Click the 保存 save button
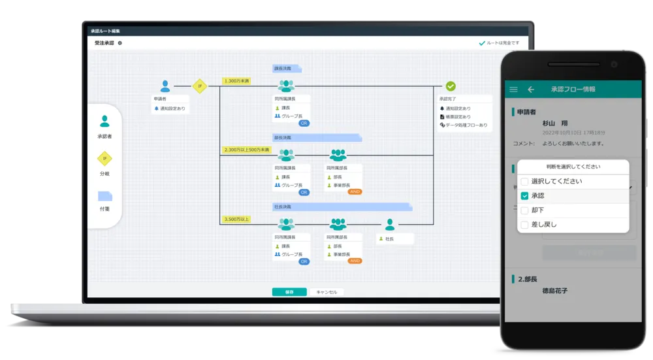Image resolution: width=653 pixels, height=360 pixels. tap(289, 292)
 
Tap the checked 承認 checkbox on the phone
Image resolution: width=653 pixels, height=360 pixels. tap(524, 196)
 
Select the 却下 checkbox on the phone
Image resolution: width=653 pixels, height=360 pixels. tap(524, 210)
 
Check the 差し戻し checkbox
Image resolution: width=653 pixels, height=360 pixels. tap(524, 225)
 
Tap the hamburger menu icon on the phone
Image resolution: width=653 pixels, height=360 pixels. tap(513, 90)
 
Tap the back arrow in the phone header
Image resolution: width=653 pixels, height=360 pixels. tap(531, 90)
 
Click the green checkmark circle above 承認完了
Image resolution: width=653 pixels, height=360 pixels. tap(451, 86)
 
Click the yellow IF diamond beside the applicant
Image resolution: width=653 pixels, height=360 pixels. tap(199, 86)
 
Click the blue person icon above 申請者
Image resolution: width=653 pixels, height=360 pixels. tap(165, 86)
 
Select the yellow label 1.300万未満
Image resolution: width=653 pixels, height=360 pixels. tap(236, 81)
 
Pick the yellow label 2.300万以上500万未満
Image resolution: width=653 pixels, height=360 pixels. tap(246, 150)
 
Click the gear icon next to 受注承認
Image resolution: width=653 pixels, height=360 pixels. tap(119, 43)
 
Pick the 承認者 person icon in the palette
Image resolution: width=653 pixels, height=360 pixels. tap(104, 122)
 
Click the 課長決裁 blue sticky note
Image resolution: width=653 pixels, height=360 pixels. tap(286, 68)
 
